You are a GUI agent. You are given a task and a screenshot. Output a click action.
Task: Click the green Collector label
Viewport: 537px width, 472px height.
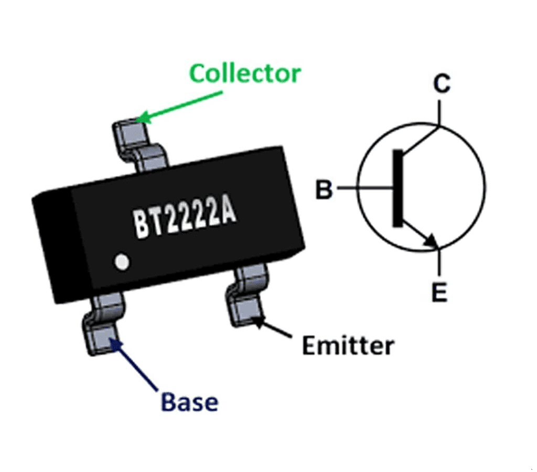point(245,73)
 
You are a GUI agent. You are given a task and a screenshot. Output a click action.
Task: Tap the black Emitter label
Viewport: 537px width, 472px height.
point(348,346)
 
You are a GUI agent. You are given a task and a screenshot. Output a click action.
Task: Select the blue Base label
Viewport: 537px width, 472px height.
point(189,403)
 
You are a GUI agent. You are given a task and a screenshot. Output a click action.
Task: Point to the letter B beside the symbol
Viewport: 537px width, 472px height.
point(324,189)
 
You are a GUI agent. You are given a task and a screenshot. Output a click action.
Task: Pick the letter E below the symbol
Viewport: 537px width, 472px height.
point(439,292)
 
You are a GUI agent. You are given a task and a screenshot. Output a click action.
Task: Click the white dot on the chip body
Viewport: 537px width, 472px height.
point(122,261)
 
